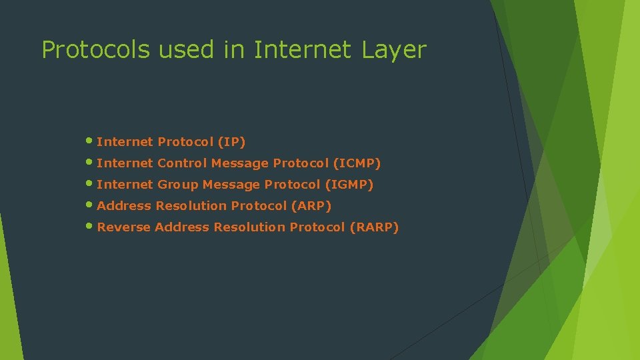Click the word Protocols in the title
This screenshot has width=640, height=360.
(96, 50)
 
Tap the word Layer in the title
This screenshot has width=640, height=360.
(395, 50)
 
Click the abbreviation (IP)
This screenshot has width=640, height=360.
(232, 142)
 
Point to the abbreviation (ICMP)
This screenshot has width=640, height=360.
(357, 163)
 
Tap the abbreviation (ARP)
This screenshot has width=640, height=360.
(311, 206)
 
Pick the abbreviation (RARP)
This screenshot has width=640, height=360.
(373, 227)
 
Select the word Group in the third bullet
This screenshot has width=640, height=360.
(178, 185)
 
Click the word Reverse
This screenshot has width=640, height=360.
(123, 227)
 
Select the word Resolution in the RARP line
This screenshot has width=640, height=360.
(249, 227)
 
